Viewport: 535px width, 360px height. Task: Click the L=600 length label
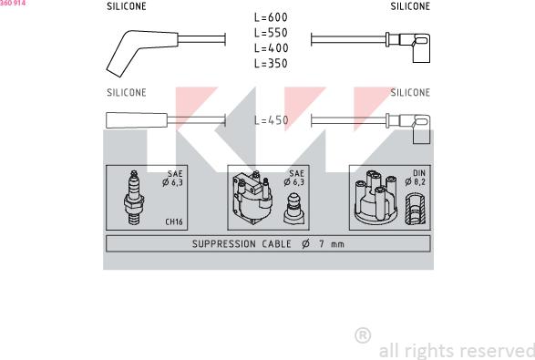pyautogui.click(x=271, y=17)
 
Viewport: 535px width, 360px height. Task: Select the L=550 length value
pyautogui.click(x=271, y=33)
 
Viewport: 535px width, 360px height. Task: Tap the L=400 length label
pyautogui.click(x=271, y=48)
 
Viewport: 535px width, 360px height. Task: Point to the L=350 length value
pyautogui.click(x=271, y=64)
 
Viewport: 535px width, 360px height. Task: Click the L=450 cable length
pyautogui.click(x=272, y=120)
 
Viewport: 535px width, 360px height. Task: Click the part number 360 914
pyautogui.click(x=13, y=3)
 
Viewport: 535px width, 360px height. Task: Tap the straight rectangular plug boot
pyautogui.click(x=137, y=120)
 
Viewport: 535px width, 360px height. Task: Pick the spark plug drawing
pyautogui.click(x=134, y=198)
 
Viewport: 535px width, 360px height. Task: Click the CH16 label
pyautogui.click(x=174, y=221)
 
